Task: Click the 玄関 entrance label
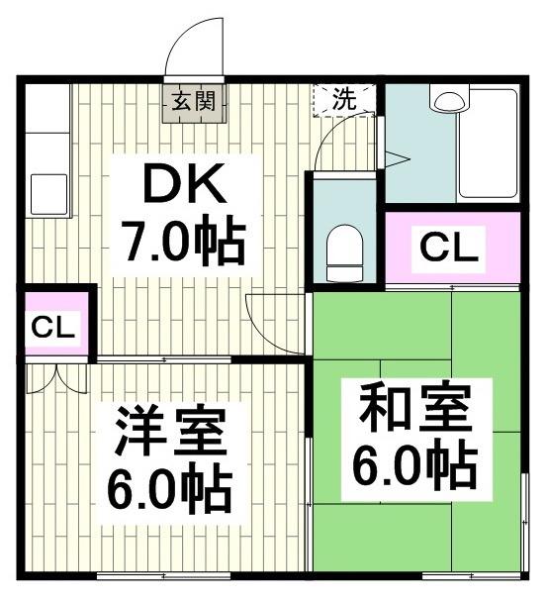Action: pos(195,100)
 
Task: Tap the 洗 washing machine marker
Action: pos(343,99)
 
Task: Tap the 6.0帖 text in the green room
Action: pos(415,462)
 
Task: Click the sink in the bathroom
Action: pos(448,101)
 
